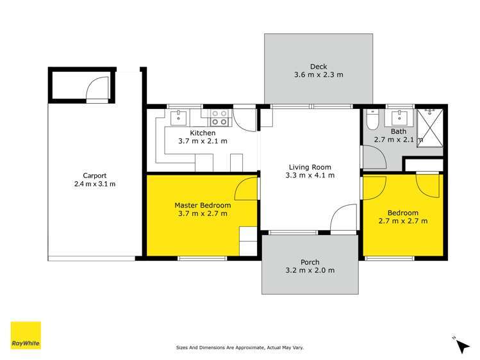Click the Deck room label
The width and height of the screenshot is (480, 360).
click(x=319, y=66)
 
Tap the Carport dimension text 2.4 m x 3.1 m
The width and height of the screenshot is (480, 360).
click(x=94, y=184)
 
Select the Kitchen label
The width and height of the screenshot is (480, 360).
click(x=201, y=133)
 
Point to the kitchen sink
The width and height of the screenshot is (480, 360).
click(x=179, y=118)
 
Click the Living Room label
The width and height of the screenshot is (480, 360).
click(x=310, y=167)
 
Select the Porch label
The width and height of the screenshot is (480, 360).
click(x=310, y=262)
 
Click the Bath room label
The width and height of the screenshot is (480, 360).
click(x=399, y=131)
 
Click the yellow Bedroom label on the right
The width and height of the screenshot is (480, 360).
click(x=402, y=213)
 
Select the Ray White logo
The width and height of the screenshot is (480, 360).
click(x=26, y=335)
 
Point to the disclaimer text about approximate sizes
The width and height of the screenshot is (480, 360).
click(x=240, y=348)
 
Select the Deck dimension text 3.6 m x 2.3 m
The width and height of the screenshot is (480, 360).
click(x=319, y=75)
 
